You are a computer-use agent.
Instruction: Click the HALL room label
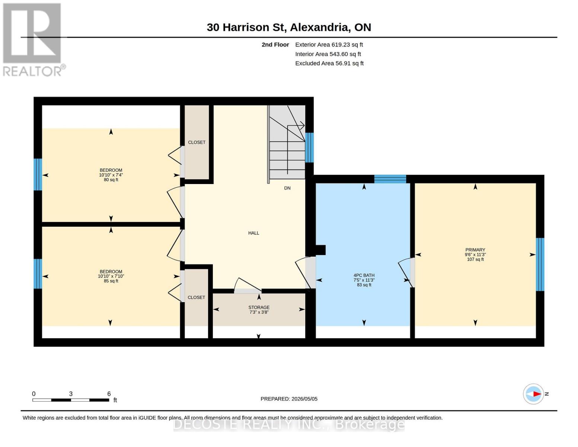tap(253, 233)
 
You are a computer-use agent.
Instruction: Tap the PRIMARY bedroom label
tap(475, 250)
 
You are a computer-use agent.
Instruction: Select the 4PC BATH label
tap(364, 275)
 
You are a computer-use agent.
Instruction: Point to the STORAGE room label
tap(259, 307)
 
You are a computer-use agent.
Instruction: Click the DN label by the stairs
tap(287, 188)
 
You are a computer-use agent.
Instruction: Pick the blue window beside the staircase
tap(309, 148)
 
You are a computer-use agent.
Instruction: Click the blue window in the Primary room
tap(540, 264)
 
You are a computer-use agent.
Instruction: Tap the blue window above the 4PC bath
tap(390, 179)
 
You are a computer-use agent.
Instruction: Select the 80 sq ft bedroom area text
tap(111, 180)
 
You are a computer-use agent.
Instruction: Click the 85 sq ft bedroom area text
tap(111, 281)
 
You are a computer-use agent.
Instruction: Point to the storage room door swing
tap(248, 285)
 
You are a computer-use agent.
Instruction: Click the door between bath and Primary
tap(406, 272)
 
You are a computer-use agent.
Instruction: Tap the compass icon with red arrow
tap(533, 394)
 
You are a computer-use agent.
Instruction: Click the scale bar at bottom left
tap(71, 400)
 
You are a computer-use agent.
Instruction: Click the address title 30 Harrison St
tap(289, 27)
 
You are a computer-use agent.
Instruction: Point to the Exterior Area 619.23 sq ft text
tap(329, 45)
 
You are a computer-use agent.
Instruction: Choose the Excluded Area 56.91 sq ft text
tap(329, 63)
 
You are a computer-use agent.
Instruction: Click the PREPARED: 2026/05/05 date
tap(289, 399)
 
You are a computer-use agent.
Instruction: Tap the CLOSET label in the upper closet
tap(197, 142)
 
